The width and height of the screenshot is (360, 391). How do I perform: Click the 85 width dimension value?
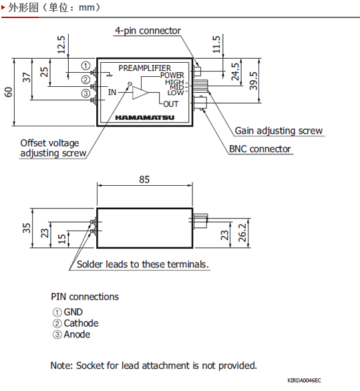[144, 179]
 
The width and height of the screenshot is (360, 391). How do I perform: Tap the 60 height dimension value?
[9, 92]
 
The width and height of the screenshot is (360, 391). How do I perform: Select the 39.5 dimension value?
[253, 81]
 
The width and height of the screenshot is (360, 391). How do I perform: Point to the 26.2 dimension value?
[242, 233]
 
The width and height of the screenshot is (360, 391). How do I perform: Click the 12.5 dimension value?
[61, 45]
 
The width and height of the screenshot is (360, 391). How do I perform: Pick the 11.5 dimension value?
[216, 44]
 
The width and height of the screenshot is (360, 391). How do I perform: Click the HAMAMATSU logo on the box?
[144, 118]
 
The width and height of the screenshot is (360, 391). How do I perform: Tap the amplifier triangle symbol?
[140, 92]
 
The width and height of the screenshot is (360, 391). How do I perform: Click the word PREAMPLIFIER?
[145, 68]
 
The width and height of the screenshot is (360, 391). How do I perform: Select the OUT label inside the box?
[171, 104]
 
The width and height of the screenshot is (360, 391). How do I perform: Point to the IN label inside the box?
[112, 92]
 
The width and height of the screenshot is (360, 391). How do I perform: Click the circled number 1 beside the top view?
[85, 66]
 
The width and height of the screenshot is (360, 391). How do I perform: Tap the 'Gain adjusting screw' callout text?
[279, 130]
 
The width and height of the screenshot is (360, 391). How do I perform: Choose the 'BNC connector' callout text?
[260, 149]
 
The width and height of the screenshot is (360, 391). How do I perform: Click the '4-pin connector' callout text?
[148, 31]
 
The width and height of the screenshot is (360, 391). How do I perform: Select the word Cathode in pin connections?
[81, 323]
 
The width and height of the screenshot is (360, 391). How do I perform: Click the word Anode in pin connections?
[77, 334]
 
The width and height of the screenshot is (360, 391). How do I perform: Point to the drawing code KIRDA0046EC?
[304, 380]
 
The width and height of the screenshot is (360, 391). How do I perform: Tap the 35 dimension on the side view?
[27, 228]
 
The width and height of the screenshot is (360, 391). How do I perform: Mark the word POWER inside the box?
[172, 75]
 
